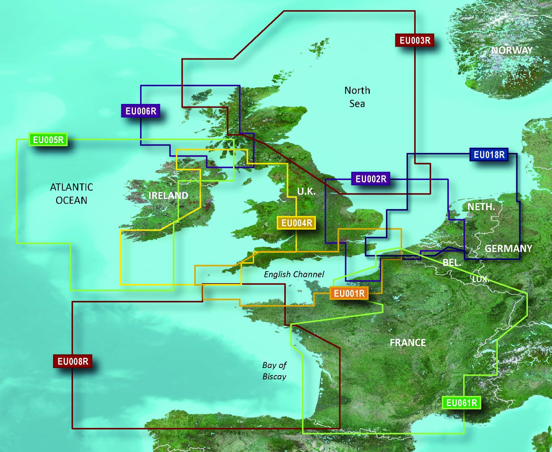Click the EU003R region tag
click(414, 40)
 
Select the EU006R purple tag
click(141, 111)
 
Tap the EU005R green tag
click(48, 140)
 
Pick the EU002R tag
click(371, 179)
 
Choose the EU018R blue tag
click(489, 155)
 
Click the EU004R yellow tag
click(296, 223)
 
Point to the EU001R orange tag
click(349, 293)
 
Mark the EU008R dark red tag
click(73, 361)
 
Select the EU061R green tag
click(461, 403)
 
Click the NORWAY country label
click(512, 50)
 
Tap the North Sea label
click(357, 97)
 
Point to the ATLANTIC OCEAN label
click(71, 194)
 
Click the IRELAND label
click(168, 196)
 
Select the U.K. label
click(306, 191)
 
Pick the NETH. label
click(481, 207)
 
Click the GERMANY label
click(508, 249)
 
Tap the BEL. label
click(452, 262)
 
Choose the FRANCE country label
click(408, 343)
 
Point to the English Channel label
click(294, 274)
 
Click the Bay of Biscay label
click(274, 371)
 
